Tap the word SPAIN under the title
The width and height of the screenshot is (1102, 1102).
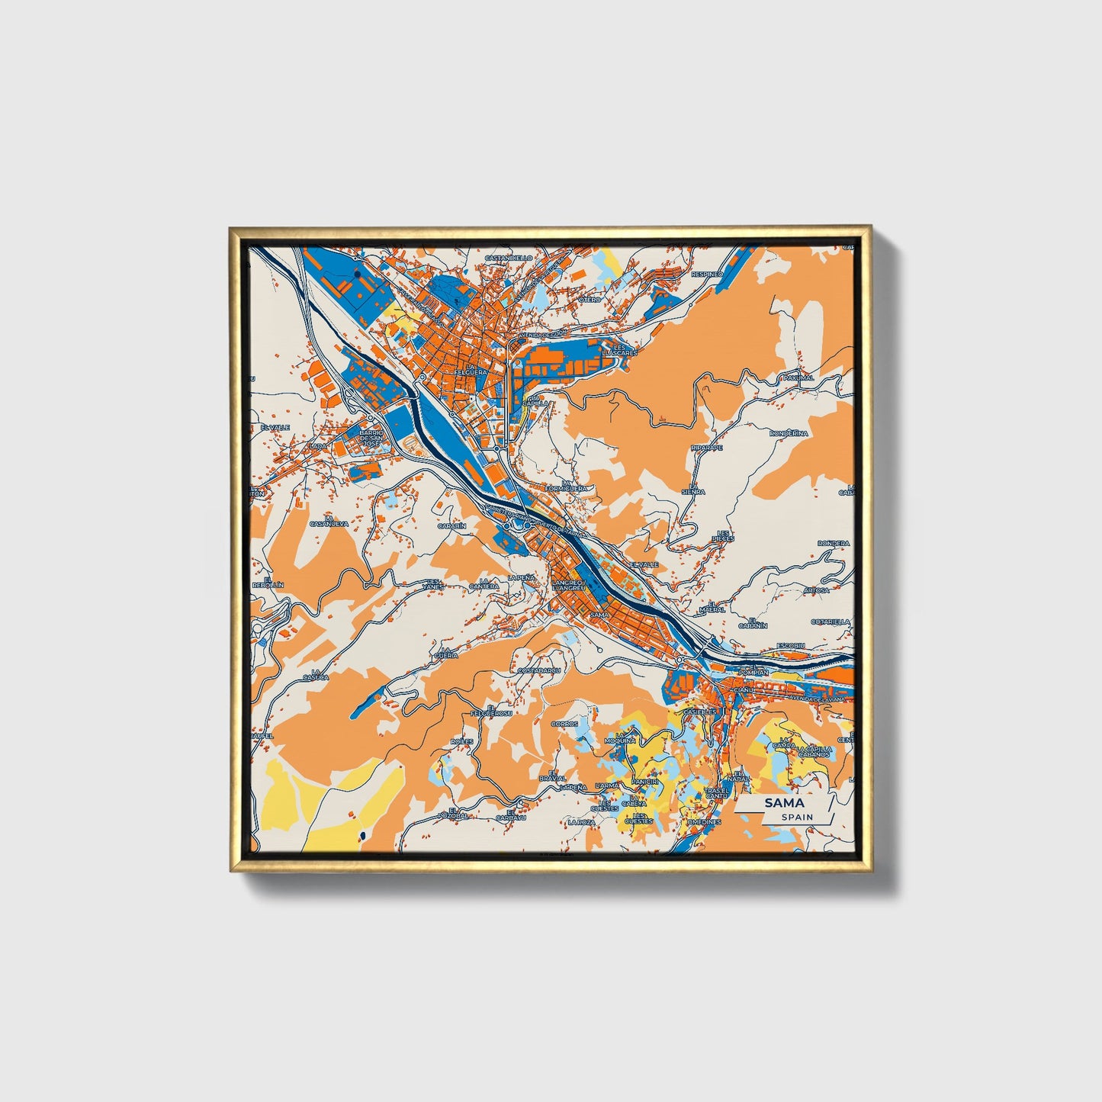point(797,818)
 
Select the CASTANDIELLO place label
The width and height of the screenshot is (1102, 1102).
point(509,258)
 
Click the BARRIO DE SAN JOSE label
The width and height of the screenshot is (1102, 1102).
point(371,439)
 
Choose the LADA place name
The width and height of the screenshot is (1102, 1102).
point(319,445)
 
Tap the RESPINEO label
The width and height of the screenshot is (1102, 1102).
point(706,273)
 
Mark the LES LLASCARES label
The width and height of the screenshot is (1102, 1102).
point(618,350)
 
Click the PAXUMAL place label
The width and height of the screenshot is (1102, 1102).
point(798,378)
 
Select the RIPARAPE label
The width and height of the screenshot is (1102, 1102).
point(706,448)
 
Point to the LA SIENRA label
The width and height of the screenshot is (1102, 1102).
point(693,489)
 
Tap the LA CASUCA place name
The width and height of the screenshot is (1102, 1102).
point(315,674)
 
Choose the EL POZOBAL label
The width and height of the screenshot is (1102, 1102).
point(452,813)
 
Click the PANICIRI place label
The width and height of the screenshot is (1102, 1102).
point(644,782)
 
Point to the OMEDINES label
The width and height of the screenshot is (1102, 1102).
point(703,822)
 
